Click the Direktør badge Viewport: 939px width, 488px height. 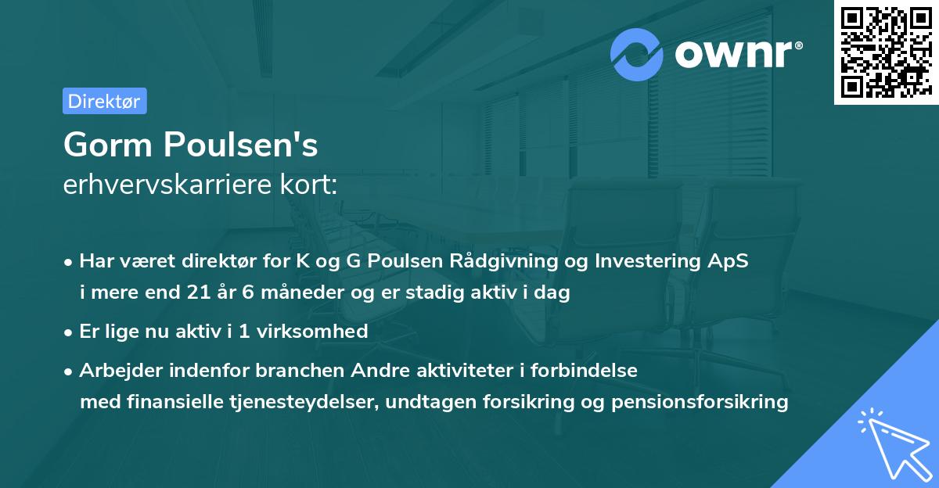tap(104, 101)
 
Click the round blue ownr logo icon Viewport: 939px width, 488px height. tap(638, 54)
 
